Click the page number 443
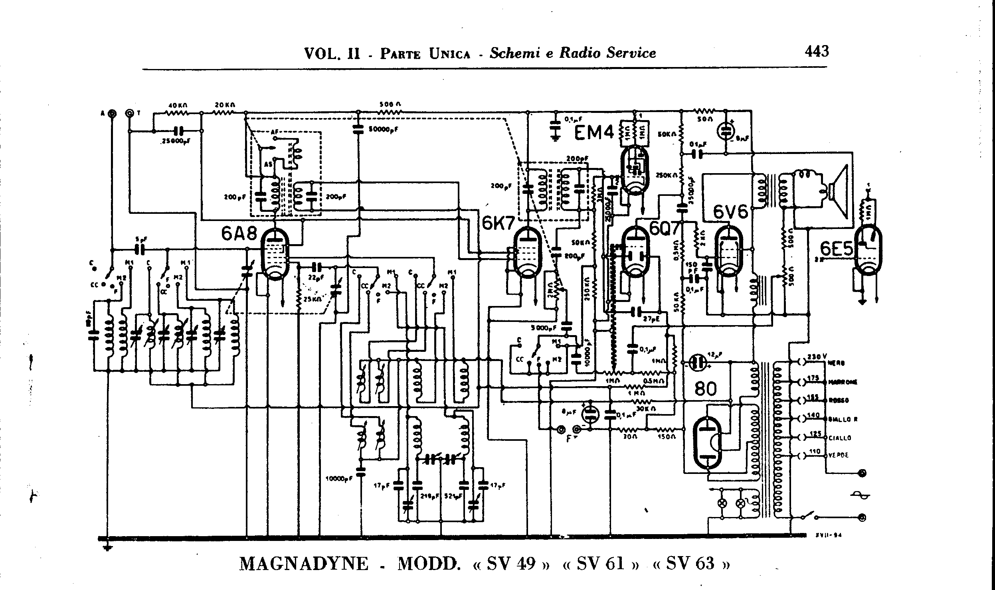pyautogui.click(x=817, y=51)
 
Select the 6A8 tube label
pyautogui.click(x=239, y=235)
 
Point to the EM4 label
pyautogui.click(x=594, y=133)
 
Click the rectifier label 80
pyautogui.click(x=705, y=388)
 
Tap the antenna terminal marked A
pyautogui.click(x=113, y=114)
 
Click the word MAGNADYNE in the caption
pyautogui.click(x=304, y=564)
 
